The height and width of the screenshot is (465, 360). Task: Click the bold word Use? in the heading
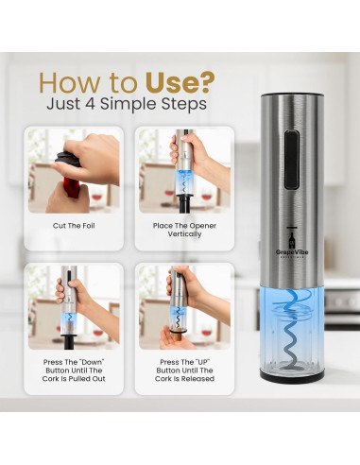coord(180,82)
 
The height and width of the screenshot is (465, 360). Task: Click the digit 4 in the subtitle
coord(90,104)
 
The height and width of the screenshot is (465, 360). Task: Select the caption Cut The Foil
coord(74,226)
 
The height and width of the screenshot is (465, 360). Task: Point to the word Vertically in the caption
coord(184,234)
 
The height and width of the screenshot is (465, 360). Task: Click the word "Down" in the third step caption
coord(92,362)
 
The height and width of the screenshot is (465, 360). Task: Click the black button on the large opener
coord(291,160)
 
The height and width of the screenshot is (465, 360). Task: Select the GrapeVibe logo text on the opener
coord(292,252)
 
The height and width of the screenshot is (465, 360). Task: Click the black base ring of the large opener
coord(292,376)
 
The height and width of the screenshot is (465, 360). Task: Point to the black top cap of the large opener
coord(292,95)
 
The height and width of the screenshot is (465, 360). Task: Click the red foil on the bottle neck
coord(72,187)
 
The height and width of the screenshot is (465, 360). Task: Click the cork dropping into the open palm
coord(177,335)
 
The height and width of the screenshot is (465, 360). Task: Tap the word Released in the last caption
coord(197,379)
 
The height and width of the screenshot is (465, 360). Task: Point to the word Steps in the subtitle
coord(184,105)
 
